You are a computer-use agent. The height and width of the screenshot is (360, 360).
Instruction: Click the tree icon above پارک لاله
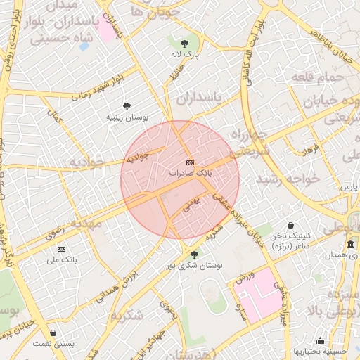pos(185,43)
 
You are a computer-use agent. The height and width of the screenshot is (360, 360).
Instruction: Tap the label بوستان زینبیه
pos(127,117)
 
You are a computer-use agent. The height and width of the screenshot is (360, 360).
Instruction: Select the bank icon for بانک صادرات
pos(190,162)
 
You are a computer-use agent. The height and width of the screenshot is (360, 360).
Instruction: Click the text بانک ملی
pos(61,259)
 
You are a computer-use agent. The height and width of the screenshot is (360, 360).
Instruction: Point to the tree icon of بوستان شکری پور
pos(194,255)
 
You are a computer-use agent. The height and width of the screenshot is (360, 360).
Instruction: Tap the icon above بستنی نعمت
pos(54,333)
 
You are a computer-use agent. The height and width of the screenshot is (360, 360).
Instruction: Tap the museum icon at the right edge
pos(350,244)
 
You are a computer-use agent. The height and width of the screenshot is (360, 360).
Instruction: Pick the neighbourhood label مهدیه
pos(86,223)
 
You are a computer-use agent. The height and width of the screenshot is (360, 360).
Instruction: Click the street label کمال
pos(56,117)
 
